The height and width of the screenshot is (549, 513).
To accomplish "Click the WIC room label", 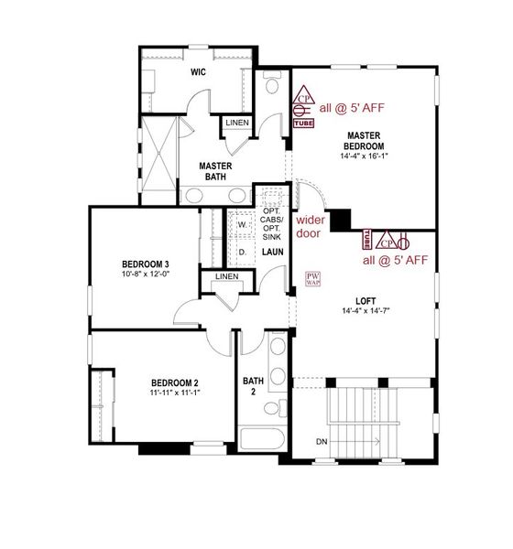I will pyautogui.click(x=198, y=70).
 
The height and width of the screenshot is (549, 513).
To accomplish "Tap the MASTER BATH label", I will pyautogui.click(x=217, y=171).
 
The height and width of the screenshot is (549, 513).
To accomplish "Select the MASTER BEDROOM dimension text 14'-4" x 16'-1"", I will pyautogui.click(x=364, y=156).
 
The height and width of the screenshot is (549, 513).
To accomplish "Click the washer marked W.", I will pyautogui.click(x=243, y=223).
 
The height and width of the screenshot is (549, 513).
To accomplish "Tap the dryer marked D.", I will pyautogui.click(x=243, y=250).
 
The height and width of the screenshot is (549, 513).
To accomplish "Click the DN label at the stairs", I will pyautogui.click(x=322, y=442).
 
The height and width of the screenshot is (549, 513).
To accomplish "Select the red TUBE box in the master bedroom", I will pyautogui.click(x=302, y=120).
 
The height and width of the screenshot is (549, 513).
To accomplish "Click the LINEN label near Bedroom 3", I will pyautogui.click(x=226, y=277).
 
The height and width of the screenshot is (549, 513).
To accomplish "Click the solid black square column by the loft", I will pyautogui.click(x=341, y=221).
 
